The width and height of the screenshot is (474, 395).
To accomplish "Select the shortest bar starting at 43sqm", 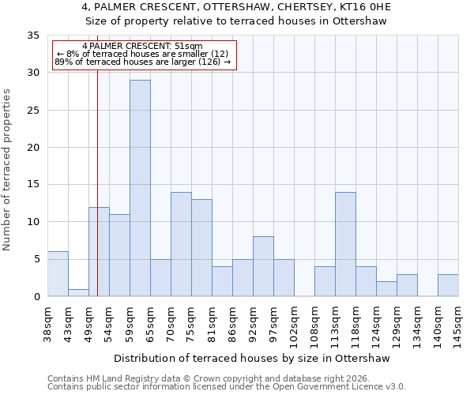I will coord(78,292).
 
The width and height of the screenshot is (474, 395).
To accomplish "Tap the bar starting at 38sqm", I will coord(58,274).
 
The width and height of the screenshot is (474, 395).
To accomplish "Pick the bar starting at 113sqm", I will coord(345,244).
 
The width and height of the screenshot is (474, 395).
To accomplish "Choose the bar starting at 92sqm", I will coord(263,266).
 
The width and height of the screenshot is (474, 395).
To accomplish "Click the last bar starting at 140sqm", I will coord(448,285).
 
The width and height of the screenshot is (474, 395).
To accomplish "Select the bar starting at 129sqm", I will coord(407,285).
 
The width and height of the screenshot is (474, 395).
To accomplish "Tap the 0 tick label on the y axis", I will coord(36,297).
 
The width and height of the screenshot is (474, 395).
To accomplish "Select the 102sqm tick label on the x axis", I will coord(295,325).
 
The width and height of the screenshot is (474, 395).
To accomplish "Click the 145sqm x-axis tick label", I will coord(459,325).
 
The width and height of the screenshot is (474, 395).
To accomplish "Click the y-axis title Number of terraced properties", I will coord(8,170).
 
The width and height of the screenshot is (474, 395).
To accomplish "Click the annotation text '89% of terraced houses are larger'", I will coord(142,62).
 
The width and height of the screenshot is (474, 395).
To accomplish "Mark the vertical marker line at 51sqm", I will coord(97,197).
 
